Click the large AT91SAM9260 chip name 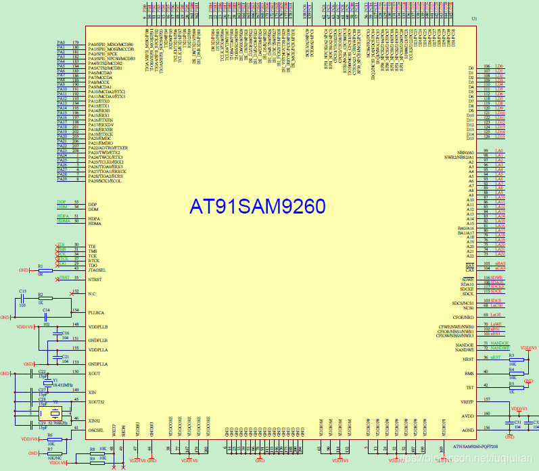[257, 206]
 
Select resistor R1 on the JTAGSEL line [41, 270]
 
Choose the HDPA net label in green [63, 216]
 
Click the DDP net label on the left [62, 202]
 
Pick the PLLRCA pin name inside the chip [97, 312]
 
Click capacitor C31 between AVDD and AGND [509, 423]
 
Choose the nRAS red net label [500, 264]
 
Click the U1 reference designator [474, 18]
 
